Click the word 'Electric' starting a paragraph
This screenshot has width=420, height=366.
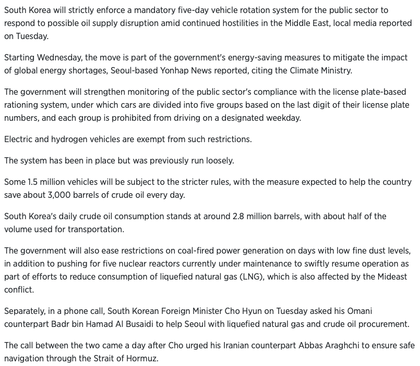[19, 140]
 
